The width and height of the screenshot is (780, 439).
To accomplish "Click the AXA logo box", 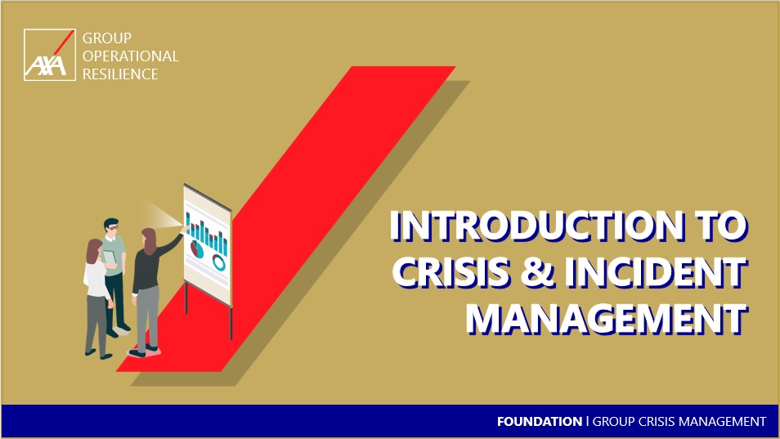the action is pyautogui.click(x=50, y=55).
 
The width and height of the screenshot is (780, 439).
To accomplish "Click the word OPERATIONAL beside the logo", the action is pyautogui.click(x=130, y=56).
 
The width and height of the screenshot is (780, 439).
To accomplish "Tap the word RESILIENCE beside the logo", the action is pyautogui.click(x=120, y=74).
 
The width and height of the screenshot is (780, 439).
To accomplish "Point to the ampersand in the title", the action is pyautogui.click(x=538, y=272).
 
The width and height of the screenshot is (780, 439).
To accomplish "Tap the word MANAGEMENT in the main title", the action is pyautogui.click(x=607, y=318).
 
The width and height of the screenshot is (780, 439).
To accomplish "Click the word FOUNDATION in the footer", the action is pyautogui.click(x=540, y=422).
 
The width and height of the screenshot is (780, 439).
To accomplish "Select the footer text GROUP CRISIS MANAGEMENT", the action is pyautogui.click(x=679, y=422).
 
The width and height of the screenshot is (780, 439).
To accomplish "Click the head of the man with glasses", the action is pyautogui.click(x=111, y=227).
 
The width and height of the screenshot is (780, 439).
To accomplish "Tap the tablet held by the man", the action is pyautogui.click(x=109, y=258).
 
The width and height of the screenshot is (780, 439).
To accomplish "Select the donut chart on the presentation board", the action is pyautogui.click(x=219, y=262).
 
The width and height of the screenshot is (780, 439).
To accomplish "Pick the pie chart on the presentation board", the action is pyautogui.click(x=197, y=249).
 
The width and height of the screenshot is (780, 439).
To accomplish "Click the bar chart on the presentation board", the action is pyautogui.click(x=206, y=234).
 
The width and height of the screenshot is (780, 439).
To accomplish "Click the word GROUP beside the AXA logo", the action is pyautogui.click(x=107, y=38).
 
